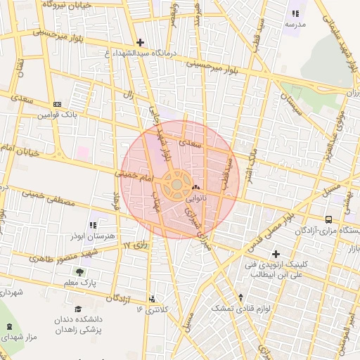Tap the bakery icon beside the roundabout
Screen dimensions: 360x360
pyautogui.click(x=195, y=188)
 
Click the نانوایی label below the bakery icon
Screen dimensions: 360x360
pyautogui.click(x=195, y=199)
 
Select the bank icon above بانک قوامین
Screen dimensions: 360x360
pyautogui.click(x=57, y=104)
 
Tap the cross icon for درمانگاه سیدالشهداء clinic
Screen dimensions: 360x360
pyautogui.click(x=141, y=43)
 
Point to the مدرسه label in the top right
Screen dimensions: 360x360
pyautogui.click(x=294, y=24)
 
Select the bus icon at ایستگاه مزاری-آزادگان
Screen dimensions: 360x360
pyautogui.click(x=329, y=219)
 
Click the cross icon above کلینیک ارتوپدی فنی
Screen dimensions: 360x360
pyautogui.click(x=276, y=254)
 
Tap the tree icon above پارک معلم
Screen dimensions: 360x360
pyautogui.click(x=79, y=271)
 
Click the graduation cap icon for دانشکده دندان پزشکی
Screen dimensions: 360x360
pyautogui.click(x=78, y=309)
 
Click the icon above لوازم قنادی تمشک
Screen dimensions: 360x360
pyautogui.click(x=241, y=297)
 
